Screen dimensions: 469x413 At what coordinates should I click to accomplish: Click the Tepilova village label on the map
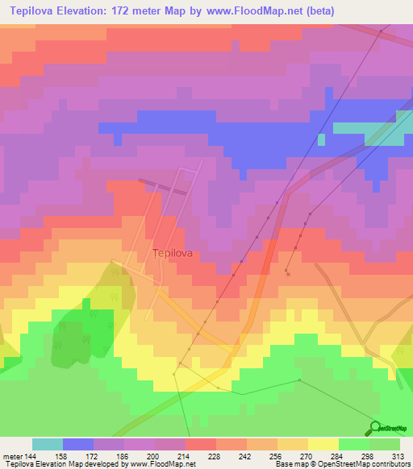[x=171, y=252]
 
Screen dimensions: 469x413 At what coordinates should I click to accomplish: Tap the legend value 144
[x=31, y=455]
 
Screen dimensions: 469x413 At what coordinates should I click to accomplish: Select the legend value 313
[x=400, y=455]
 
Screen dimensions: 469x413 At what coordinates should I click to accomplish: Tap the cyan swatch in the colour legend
[x=48, y=444]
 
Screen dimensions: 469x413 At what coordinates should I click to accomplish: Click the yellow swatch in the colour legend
[x=323, y=444]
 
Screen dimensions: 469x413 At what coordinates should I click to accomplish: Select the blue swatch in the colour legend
[x=78, y=444]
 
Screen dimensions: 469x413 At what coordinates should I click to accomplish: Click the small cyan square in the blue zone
[x=321, y=139]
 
